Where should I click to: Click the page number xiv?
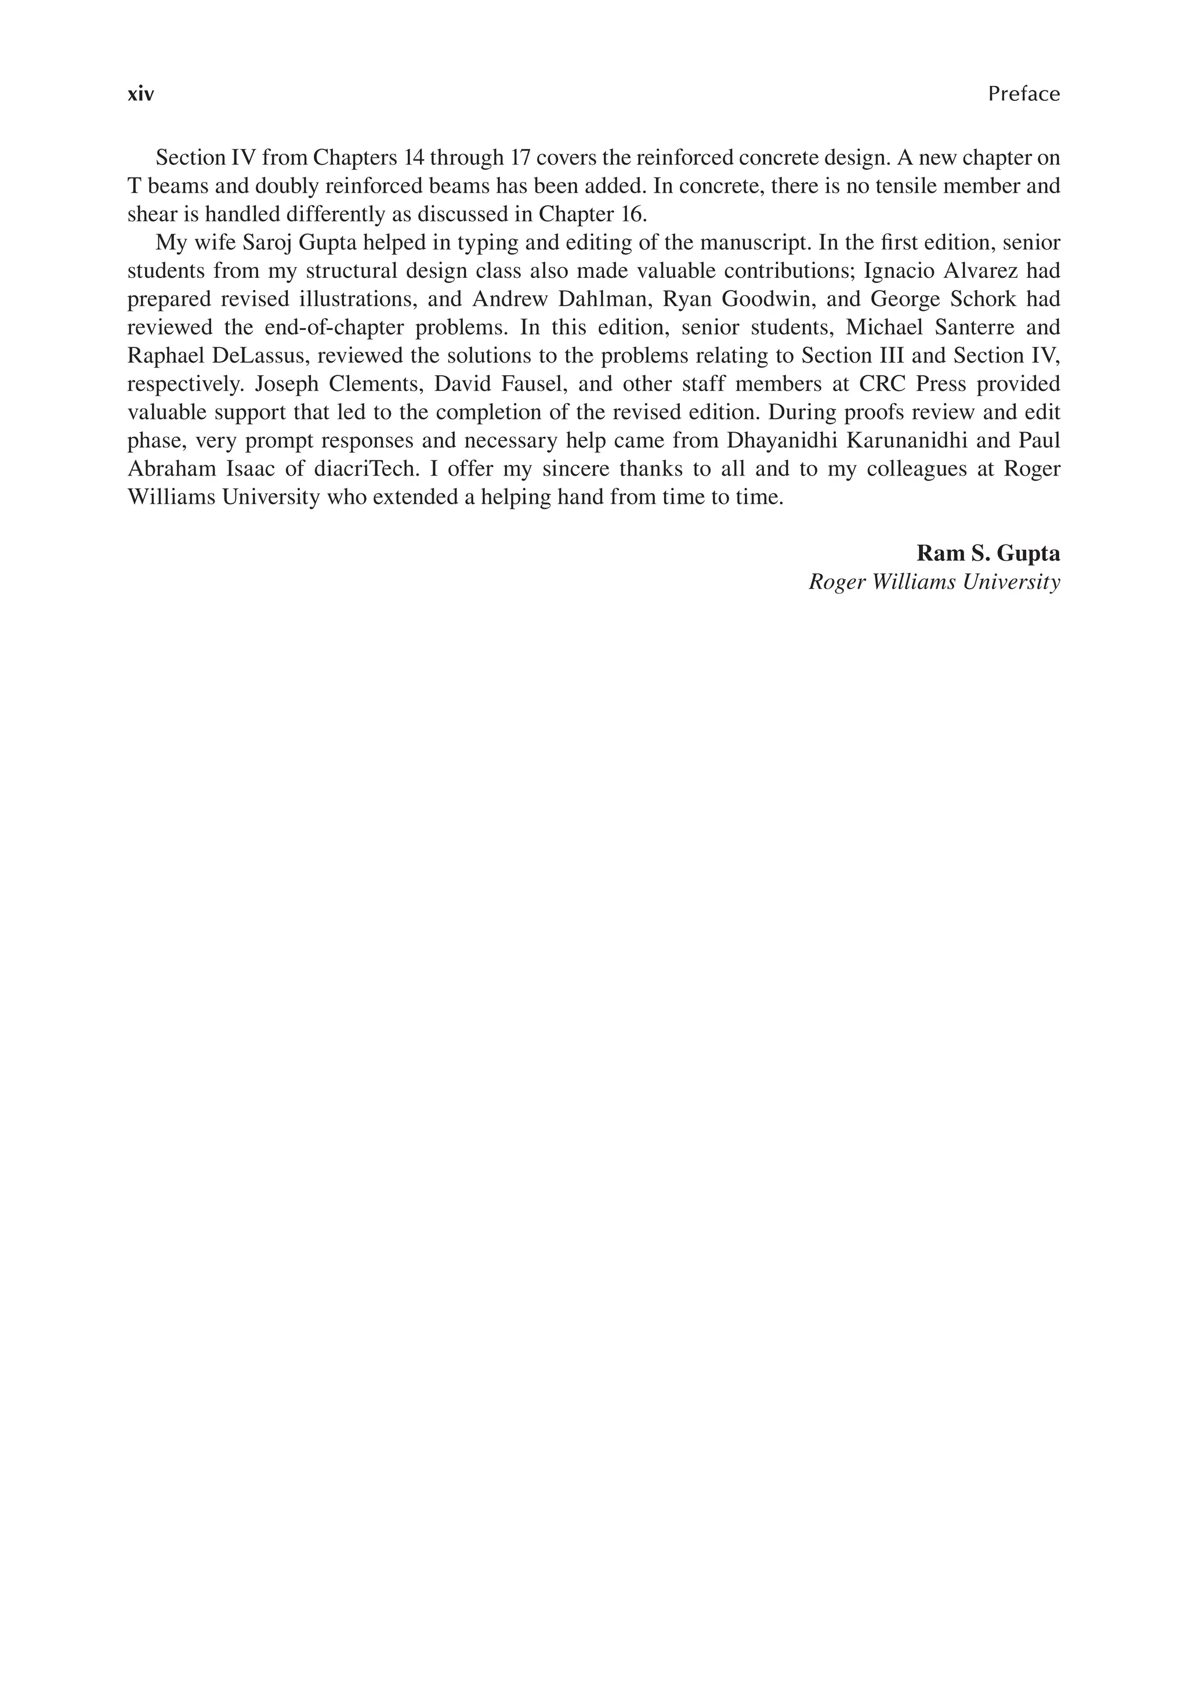tap(140, 95)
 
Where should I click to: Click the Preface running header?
tap(1023, 94)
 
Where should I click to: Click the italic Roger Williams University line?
tap(935, 582)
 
